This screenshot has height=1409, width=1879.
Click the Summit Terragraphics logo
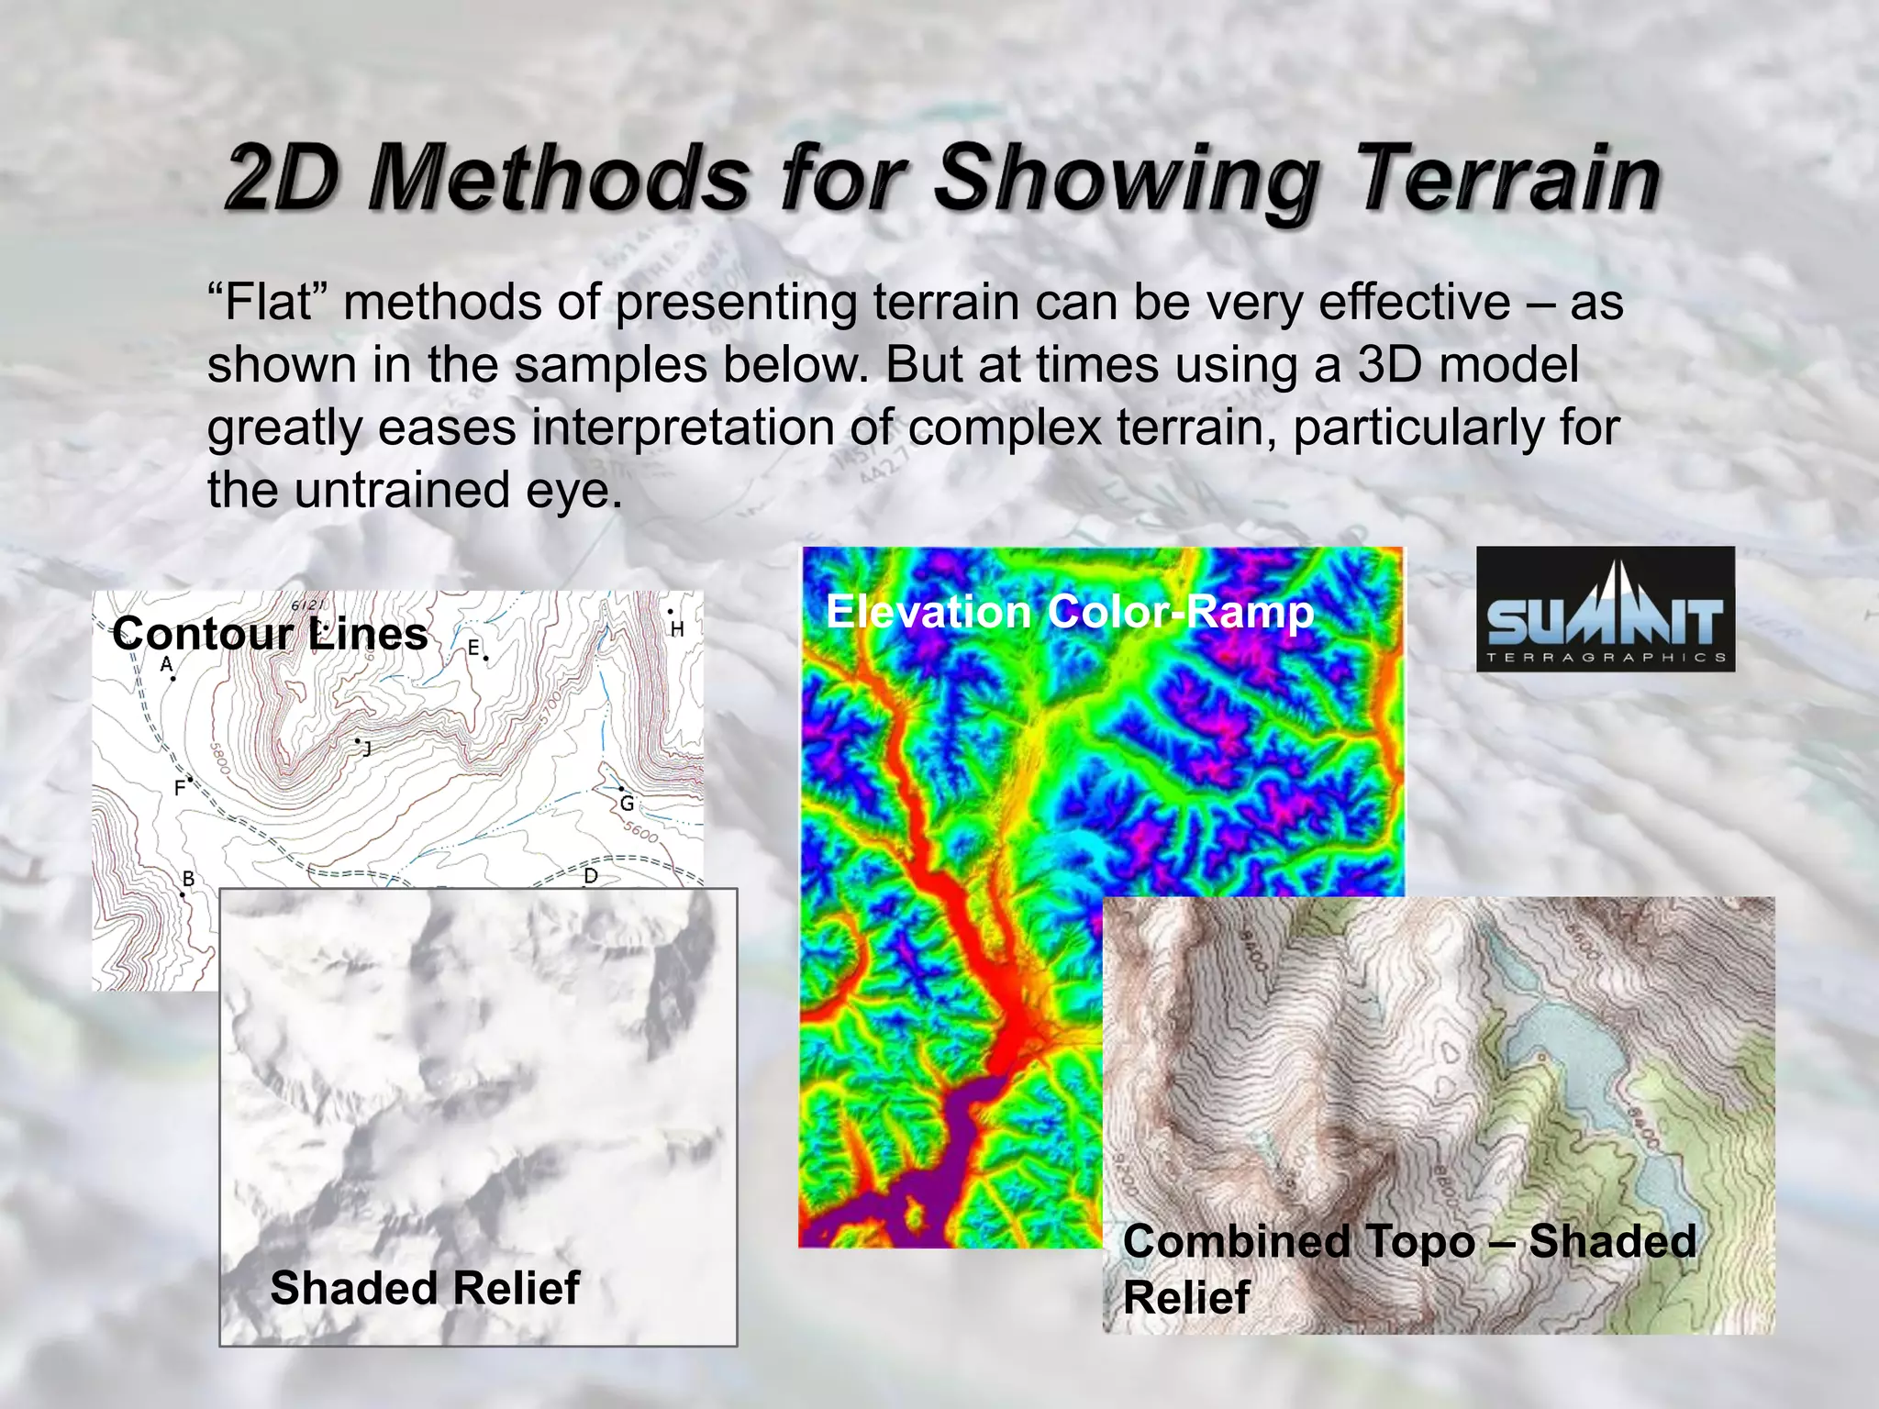tap(1605, 609)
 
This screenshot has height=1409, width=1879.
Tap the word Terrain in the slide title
tap(1507, 178)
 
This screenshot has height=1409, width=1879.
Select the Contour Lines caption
tap(270, 634)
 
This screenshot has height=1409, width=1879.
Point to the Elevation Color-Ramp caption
tap(1069, 612)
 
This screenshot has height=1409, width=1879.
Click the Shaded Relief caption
tap(425, 1287)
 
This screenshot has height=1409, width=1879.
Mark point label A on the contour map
tap(166, 664)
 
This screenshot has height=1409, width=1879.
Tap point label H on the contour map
tap(677, 629)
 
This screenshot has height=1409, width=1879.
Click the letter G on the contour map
tap(627, 804)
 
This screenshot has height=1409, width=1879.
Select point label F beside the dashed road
tap(180, 787)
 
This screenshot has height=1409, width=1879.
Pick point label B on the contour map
tap(188, 879)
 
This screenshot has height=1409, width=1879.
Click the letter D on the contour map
tap(591, 876)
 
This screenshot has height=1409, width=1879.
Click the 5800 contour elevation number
tap(220, 758)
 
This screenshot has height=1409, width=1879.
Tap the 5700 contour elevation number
tap(550, 707)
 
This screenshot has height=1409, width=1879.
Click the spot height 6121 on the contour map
tap(308, 605)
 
